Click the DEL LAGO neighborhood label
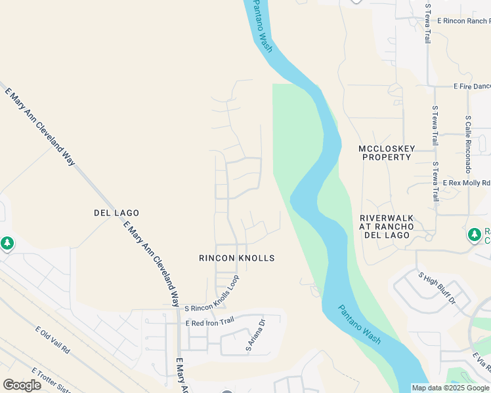pyautogui.click(x=117, y=213)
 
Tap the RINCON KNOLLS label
pyautogui.click(x=236, y=258)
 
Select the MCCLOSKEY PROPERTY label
pyautogui.click(x=387, y=153)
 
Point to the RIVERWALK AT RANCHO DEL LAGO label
pyautogui.click(x=387, y=226)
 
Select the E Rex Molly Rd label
pyautogui.click(x=466, y=183)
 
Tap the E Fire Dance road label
pyautogui.click(x=472, y=86)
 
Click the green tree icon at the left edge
pyautogui.click(x=7, y=244)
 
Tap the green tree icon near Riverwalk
pyautogui.click(x=474, y=234)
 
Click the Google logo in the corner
pyautogui.click(x=22, y=385)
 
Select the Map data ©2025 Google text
pyautogui.click(x=450, y=388)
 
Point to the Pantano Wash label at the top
pyautogui.click(x=263, y=26)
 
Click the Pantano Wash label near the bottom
pyautogui.click(x=360, y=325)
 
